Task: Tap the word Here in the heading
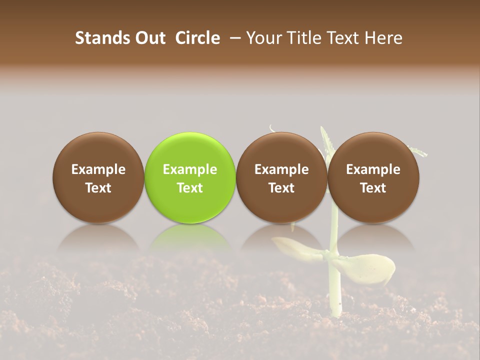click(x=384, y=38)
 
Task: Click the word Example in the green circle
click(x=190, y=169)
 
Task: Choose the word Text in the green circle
click(x=190, y=188)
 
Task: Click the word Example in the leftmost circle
click(x=98, y=169)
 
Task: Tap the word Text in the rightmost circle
click(x=373, y=188)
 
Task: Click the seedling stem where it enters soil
click(x=336, y=312)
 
